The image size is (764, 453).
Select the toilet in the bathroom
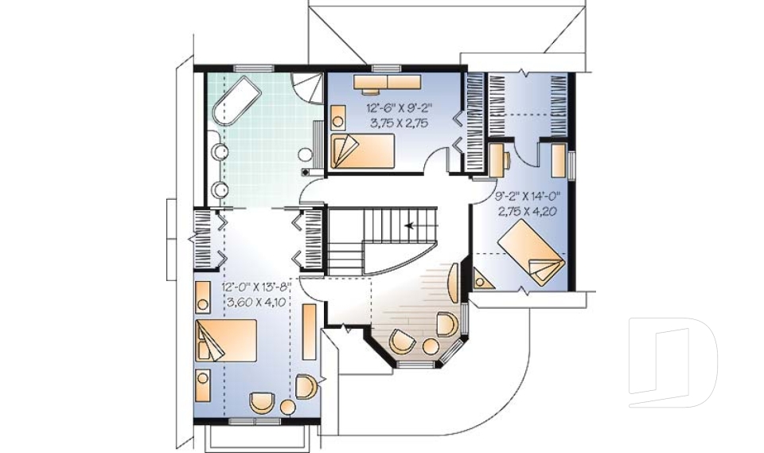306,154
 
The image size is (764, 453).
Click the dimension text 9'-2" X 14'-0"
528,197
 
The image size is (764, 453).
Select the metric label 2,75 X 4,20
528,211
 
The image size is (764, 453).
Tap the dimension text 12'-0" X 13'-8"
256,287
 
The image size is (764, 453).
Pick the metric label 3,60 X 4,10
256,302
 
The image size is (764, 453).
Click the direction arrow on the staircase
411,225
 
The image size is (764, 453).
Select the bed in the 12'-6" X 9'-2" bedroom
362,151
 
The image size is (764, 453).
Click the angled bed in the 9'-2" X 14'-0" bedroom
531,252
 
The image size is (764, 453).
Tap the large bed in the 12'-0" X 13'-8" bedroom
225,341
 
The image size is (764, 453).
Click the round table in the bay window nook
431,346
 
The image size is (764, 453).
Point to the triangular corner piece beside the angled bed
481,280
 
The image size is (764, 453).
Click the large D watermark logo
673,362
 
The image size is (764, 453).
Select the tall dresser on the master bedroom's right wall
309,331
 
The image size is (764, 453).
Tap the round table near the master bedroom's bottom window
287,408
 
